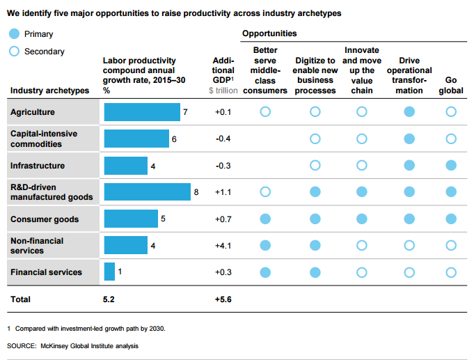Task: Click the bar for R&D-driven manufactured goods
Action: pos(147,191)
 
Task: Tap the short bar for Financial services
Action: pos(109,272)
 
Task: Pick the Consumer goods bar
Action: pos(131,219)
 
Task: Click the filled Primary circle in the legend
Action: pos(14,34)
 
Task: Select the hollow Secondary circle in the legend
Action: pos(14,52)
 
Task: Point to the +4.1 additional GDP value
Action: pos(223,245)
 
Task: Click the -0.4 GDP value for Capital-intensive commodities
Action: pos(223,139)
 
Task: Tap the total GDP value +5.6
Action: pos(223,299)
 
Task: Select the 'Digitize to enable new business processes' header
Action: pos(315,76)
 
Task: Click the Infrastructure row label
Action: pos(38,166)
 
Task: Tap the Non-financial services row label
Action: pos(37,245)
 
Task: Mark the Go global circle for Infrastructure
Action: pos(451,165)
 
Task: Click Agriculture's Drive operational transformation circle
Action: pos(410,111)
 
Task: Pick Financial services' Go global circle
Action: pos(451,272)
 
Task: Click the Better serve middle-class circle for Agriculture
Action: pos(265,111)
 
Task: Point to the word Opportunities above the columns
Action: pos(269,33)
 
